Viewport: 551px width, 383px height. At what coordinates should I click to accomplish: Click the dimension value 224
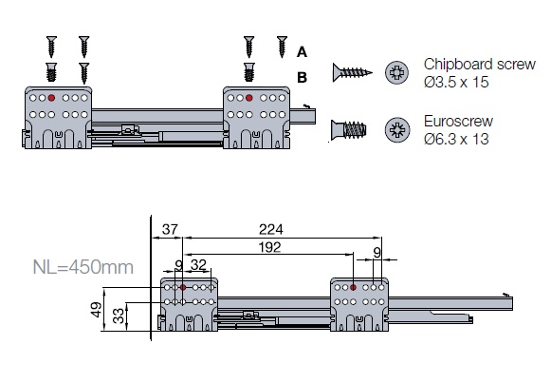coord(270,230)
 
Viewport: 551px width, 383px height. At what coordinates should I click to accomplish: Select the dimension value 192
coord(270,247)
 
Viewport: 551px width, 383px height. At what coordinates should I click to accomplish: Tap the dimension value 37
coord(170,230)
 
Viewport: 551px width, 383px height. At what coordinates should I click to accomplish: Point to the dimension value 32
coord(198,265)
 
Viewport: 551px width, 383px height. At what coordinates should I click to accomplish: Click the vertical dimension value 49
coord(97,310)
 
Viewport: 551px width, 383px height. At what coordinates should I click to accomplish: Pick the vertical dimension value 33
coord(119,316)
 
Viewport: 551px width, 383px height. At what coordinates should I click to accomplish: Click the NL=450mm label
coord(83,267)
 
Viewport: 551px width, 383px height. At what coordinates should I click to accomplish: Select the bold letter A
coord(302,52)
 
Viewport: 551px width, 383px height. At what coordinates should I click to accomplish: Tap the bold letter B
coord(302,77)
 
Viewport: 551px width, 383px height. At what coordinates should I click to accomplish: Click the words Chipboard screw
coord(480,65)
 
